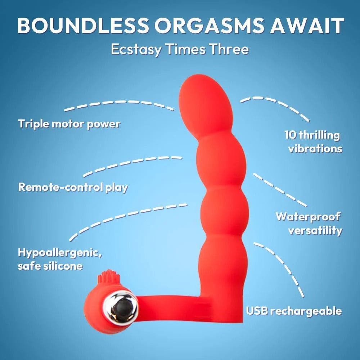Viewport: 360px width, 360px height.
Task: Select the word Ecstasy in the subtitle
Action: [x=136, y=49]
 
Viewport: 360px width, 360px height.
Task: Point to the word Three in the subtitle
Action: [x=229, y=49]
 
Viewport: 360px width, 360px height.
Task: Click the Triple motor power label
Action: [x=69, y=124]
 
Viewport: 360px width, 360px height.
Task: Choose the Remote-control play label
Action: [x=73, y=187]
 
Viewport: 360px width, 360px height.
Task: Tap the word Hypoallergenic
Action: [x=60, y=252]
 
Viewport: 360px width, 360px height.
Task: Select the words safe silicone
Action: [x=50, y=266]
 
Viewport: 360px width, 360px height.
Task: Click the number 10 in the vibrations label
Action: [x=291, y=135]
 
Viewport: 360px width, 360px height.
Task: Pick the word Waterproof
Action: [x=308, y=217]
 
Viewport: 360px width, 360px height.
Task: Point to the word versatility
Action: [x=315, y=230]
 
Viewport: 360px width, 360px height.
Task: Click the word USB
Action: [x=258, y=311]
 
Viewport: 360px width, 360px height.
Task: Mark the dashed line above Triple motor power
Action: [x=119, y=104]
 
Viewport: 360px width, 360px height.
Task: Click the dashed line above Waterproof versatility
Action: [x=279, y=189]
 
